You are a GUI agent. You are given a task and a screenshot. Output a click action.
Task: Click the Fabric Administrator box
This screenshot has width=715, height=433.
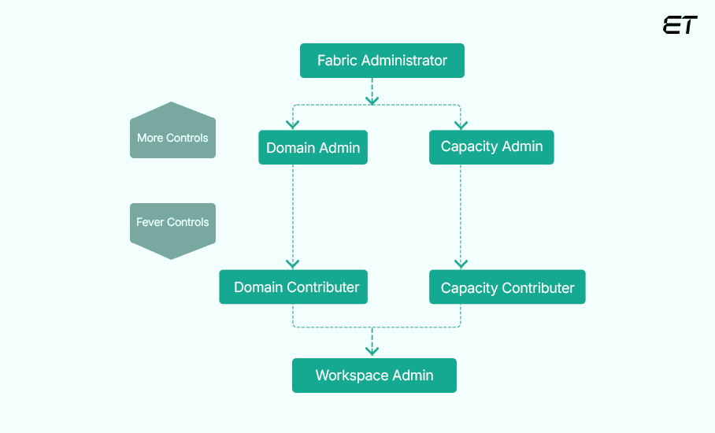click(382, 61)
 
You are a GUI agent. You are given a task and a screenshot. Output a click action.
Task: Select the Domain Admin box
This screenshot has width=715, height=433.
click(313, 147)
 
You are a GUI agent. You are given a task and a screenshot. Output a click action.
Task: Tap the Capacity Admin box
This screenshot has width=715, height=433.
click(491, 146)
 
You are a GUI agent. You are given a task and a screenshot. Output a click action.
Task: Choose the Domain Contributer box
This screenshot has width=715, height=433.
click(293, 287)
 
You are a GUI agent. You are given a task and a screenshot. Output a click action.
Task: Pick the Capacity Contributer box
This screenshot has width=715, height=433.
click(507, 287)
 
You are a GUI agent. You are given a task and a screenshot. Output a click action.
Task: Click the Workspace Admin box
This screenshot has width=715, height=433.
click(374, 376)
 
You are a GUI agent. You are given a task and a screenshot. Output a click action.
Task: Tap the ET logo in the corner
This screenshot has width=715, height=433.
click(680, 25)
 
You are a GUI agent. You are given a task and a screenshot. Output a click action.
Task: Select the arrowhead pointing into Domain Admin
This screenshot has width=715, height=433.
click(293, 124)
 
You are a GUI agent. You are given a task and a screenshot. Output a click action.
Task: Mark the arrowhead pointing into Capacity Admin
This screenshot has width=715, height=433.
click(461, 124)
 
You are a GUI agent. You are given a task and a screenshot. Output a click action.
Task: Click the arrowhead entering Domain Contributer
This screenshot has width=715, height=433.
click(293, 264)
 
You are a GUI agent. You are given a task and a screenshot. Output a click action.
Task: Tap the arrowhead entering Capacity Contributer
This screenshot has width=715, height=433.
click(461, 264)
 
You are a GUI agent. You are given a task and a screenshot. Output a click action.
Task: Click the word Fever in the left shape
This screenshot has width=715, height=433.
click(150, 222)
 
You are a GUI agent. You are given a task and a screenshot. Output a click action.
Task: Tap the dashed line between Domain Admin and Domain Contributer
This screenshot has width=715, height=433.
click(293, 213)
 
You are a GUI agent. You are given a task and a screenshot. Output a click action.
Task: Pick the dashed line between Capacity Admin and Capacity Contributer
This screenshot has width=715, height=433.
click(461, 213)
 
